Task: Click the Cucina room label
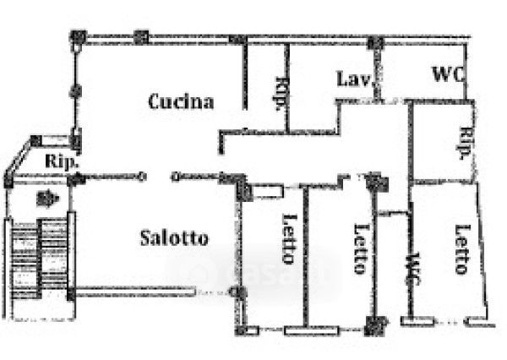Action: [x=181, y=102]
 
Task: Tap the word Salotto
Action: [x=173, y=237]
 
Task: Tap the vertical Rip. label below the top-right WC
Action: [x=464, y=143]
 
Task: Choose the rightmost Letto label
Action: [x=461, y=248]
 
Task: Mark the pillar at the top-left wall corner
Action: [x=79, y=37]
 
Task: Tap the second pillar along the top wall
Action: [x=141, y=37]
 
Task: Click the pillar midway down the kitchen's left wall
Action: [x=77, y=89]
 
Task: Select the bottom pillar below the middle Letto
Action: [x=376, y=323]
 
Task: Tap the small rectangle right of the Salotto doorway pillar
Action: [x=268, y=190]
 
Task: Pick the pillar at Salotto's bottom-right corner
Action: [x=238, y=292]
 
